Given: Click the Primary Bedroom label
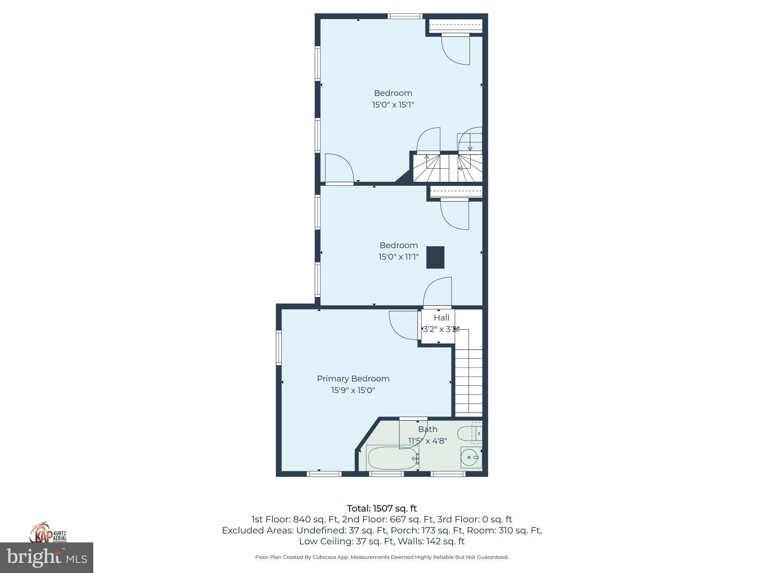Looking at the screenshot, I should pos(353,379).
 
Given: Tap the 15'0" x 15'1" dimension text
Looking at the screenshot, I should pos(393,105).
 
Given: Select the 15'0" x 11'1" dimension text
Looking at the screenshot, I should pos(398,257).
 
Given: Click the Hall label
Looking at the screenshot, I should pos(441,318).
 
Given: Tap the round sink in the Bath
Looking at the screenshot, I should pos(470,457).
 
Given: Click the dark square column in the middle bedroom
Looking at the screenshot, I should pos(435,257).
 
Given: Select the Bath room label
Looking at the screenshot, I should pos(428,429).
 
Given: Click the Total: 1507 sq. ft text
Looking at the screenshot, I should pos(382,508).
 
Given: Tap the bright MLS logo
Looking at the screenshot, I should pos(46,557).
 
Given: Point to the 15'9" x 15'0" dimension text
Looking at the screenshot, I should pos(353,391).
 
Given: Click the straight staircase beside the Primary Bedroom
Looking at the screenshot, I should pos(469,377).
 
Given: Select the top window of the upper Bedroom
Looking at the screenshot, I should pos(405,16).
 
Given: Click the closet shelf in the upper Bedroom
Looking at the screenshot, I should pos(455,26).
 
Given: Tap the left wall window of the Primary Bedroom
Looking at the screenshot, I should pos(278,348).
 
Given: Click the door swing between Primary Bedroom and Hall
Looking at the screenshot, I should pos(403,325).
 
